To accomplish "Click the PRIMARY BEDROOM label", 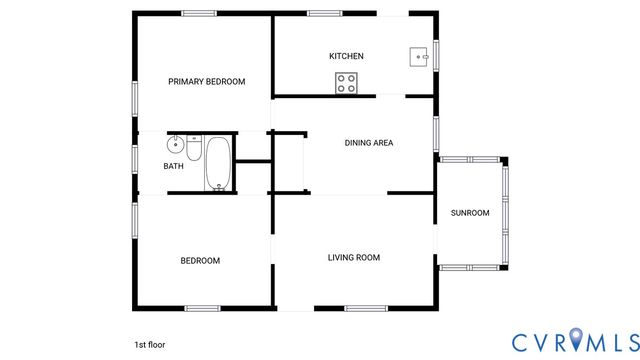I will (x=206, y=82).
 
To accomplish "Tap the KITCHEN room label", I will (x=346, y=56).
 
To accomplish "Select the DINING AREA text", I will (x=368, y=143).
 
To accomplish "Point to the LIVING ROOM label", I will (x=354, y=258).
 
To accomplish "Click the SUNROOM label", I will (x=470, y=213).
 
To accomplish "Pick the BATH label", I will (x=174, y=166).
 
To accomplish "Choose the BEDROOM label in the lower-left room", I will (x=200, y=261).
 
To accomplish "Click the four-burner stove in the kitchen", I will (x=347, y=83).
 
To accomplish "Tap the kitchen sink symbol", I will (x=418, y=56).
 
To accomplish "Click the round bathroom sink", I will (x=175, y=142).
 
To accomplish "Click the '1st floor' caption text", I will (x=149, y=344).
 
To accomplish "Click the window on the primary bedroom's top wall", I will (x=199, y=13).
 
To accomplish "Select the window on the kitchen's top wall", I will (x=324, y=13).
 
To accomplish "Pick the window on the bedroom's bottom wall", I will (x=203, y=307).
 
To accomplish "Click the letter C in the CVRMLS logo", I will (x=523, y=342).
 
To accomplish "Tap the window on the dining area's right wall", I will (x=436, y=133).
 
